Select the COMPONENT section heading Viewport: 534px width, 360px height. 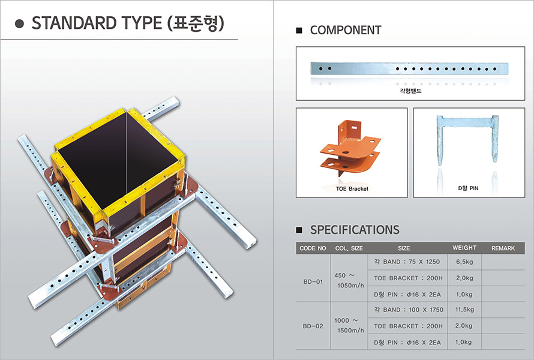pos(346,31)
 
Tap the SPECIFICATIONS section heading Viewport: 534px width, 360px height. pos(355,230)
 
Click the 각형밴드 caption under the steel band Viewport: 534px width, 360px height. pos(410,91)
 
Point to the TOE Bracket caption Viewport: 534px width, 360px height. pos(352,188)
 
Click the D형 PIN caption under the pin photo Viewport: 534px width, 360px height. pos(468,188)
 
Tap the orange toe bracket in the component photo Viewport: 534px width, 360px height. pos(350,148)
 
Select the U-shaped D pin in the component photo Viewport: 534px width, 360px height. pos(467,140)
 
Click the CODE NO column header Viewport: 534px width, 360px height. pos(313,248)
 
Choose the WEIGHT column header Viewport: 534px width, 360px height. pos(464,248)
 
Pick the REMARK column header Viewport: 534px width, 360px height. pos(503,248)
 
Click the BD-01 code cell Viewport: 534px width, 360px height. pos(313,281)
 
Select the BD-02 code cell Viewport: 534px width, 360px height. pos(313,326)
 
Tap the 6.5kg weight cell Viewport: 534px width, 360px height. pos(464,262)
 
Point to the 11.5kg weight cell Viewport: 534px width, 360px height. pos(464,310)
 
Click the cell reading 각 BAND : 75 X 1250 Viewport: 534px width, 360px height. pos(407,262)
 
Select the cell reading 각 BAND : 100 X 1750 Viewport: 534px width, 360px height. pos(409,310)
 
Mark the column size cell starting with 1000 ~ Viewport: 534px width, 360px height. pos(349,325)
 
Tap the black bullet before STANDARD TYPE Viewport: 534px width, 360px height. pos(19,23)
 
